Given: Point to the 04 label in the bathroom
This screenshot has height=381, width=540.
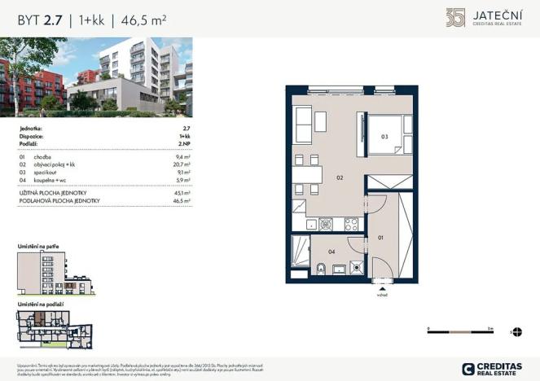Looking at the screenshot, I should [x=332, y=252].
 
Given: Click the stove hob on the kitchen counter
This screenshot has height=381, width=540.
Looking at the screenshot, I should [x=351, y=223].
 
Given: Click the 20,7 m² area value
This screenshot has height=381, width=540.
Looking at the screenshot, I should [x=182, y=165].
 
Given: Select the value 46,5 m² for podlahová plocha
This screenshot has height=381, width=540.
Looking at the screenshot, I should [x=182, y=199].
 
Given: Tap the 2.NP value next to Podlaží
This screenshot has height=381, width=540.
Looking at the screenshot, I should [x=183, y=143].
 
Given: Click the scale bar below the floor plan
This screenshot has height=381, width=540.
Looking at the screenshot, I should [x=459, y=331].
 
